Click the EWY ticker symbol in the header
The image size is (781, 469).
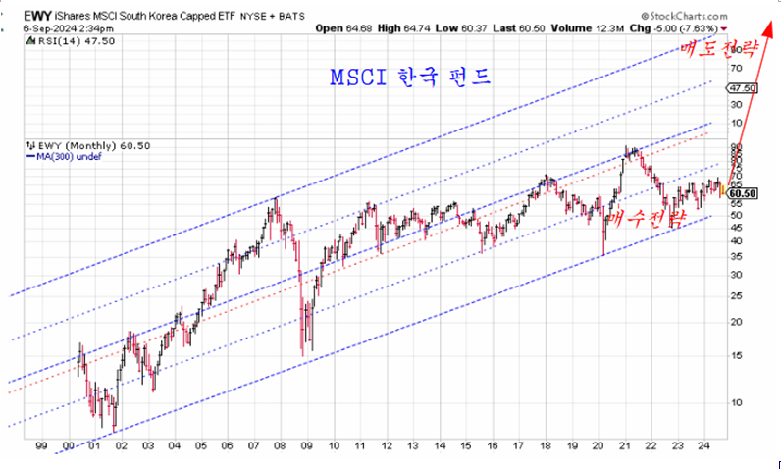[36, 15]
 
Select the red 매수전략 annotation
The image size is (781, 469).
[644, 221]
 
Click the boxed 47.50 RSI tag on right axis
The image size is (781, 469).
[742, 88]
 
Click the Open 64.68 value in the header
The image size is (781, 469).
[341, 27]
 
